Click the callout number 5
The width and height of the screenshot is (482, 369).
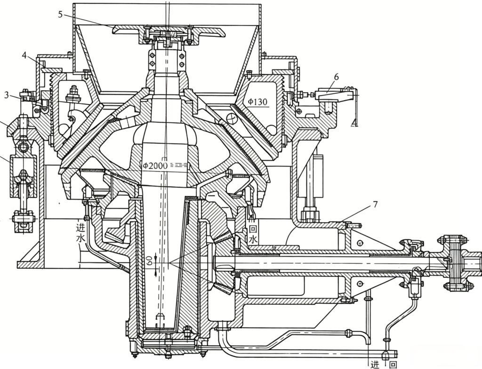(x=61, y=15)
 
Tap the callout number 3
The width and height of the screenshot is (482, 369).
(x=7, y=95)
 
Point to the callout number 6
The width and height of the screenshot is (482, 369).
(x=337, y=77)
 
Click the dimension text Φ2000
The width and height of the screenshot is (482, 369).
(x=155, y=165)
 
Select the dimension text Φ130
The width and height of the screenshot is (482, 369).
(x=257, y=102)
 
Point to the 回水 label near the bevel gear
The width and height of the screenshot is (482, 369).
(x=253, y=235)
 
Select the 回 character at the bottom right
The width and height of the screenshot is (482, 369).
(x=393, y=365)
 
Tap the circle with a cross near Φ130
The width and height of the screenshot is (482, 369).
(x=231, y=118)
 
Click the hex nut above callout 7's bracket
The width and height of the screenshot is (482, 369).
(x=308, y=213)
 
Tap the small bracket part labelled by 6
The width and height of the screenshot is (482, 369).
(x=335, y=95)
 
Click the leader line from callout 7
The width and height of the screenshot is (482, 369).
(x=357, y=215)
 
